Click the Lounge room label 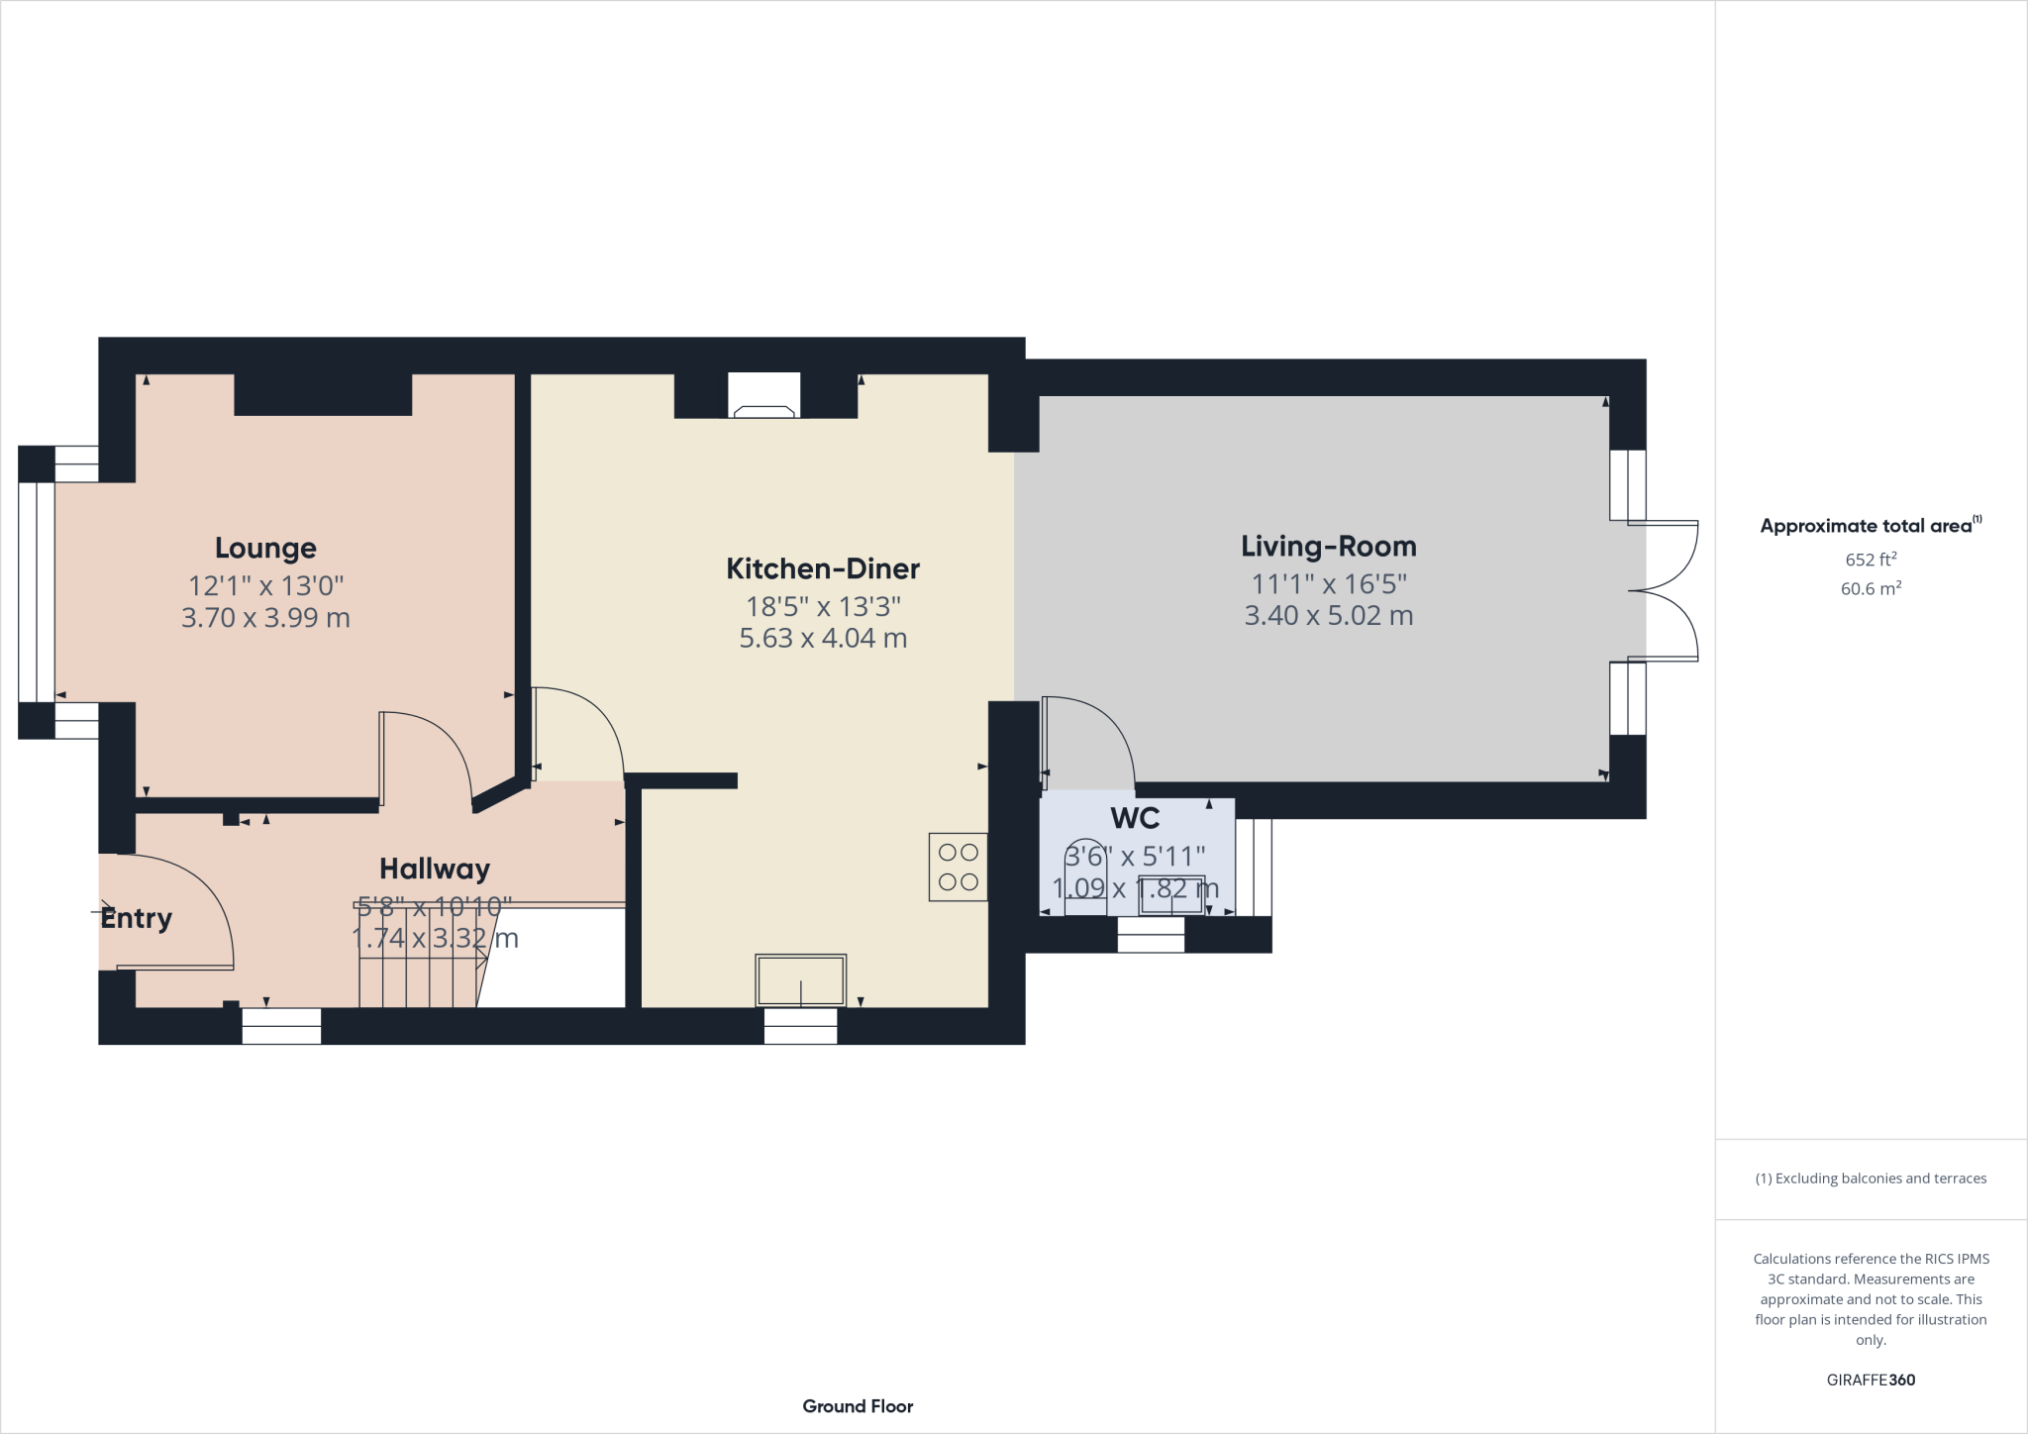(x=265, y=548)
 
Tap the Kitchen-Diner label (x=823, y=568)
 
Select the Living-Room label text (x=1328, y=547)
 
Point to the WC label (x=1135, y=818)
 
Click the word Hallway (x=435, y=869)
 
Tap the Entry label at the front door (x=137, y=918)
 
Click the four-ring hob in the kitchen (x=958, y=867)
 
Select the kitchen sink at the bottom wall (x=800, y=979)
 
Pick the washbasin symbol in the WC (x=1171, y=895)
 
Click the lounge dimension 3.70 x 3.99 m (x=265, y=618)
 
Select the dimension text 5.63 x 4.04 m (x=823, y=638)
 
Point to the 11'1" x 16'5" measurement (x=1328, y=583)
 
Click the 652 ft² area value (x=1871, y=559)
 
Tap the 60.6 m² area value (x=1871, y=588)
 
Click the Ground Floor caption (x=858, y=1406)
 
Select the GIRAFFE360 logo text (x=1871, y=1380)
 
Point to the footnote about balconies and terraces (x=1871, y=1178)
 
